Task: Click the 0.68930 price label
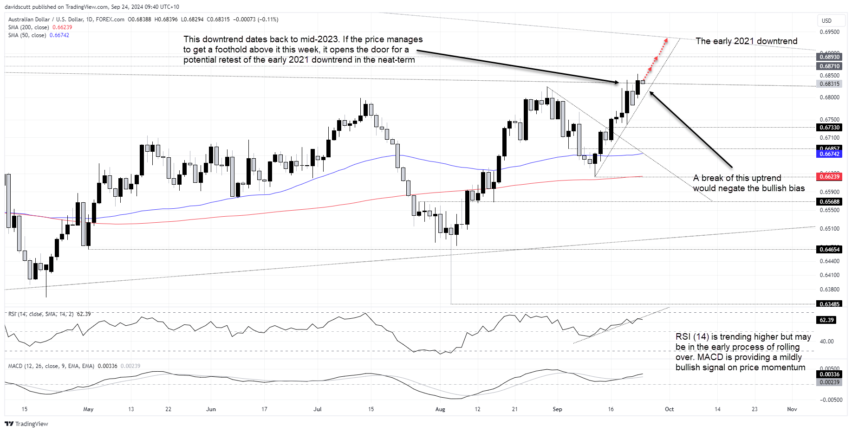tap(829, 57)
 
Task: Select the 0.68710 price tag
tap(829, 66)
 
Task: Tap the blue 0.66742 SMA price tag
tap(829, 154)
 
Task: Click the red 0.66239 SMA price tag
tap(829, 177)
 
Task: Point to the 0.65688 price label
tap(829, 202)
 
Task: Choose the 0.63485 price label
tap(829, 304)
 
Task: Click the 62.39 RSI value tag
tap(826, 320)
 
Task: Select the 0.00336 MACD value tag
tap(829, 374)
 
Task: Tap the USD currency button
tap(826, 20)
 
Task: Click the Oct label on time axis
tap(669, 409)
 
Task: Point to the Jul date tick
tap(318, 409)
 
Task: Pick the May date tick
tap(88, 409)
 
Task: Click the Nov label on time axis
tap(792, 409)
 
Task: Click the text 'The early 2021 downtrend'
tap(746, 41)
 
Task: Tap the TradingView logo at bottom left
tap(26, 424)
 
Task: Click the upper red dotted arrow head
tap(666, 40)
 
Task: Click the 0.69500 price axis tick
tap(829, 32)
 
